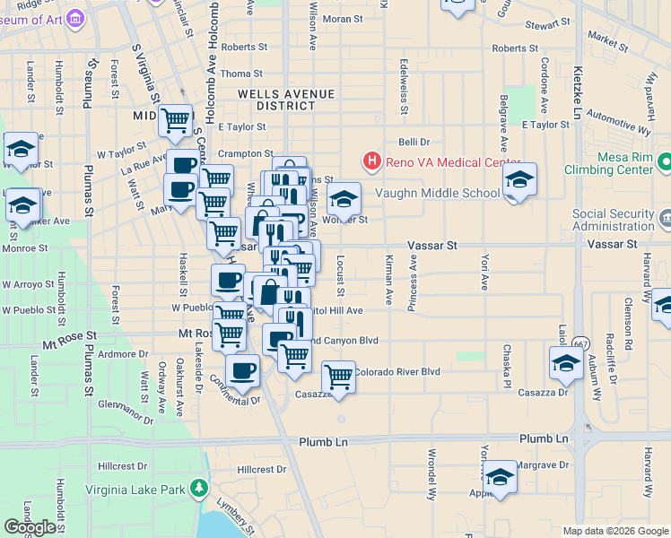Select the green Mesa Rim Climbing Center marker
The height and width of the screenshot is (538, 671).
pos(664,162)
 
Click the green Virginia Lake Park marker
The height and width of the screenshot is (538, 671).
pos(198,490)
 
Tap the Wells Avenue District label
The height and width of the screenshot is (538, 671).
pos(286,100)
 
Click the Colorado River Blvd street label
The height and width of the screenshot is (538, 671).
pos(396,371)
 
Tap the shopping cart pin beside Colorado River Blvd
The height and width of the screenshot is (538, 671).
pos(338,376)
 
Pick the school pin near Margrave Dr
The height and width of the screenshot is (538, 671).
pos(500,475)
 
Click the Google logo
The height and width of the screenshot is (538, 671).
pos(30,527)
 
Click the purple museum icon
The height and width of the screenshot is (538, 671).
pos(75,18)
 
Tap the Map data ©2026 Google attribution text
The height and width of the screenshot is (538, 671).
pos(614,531)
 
